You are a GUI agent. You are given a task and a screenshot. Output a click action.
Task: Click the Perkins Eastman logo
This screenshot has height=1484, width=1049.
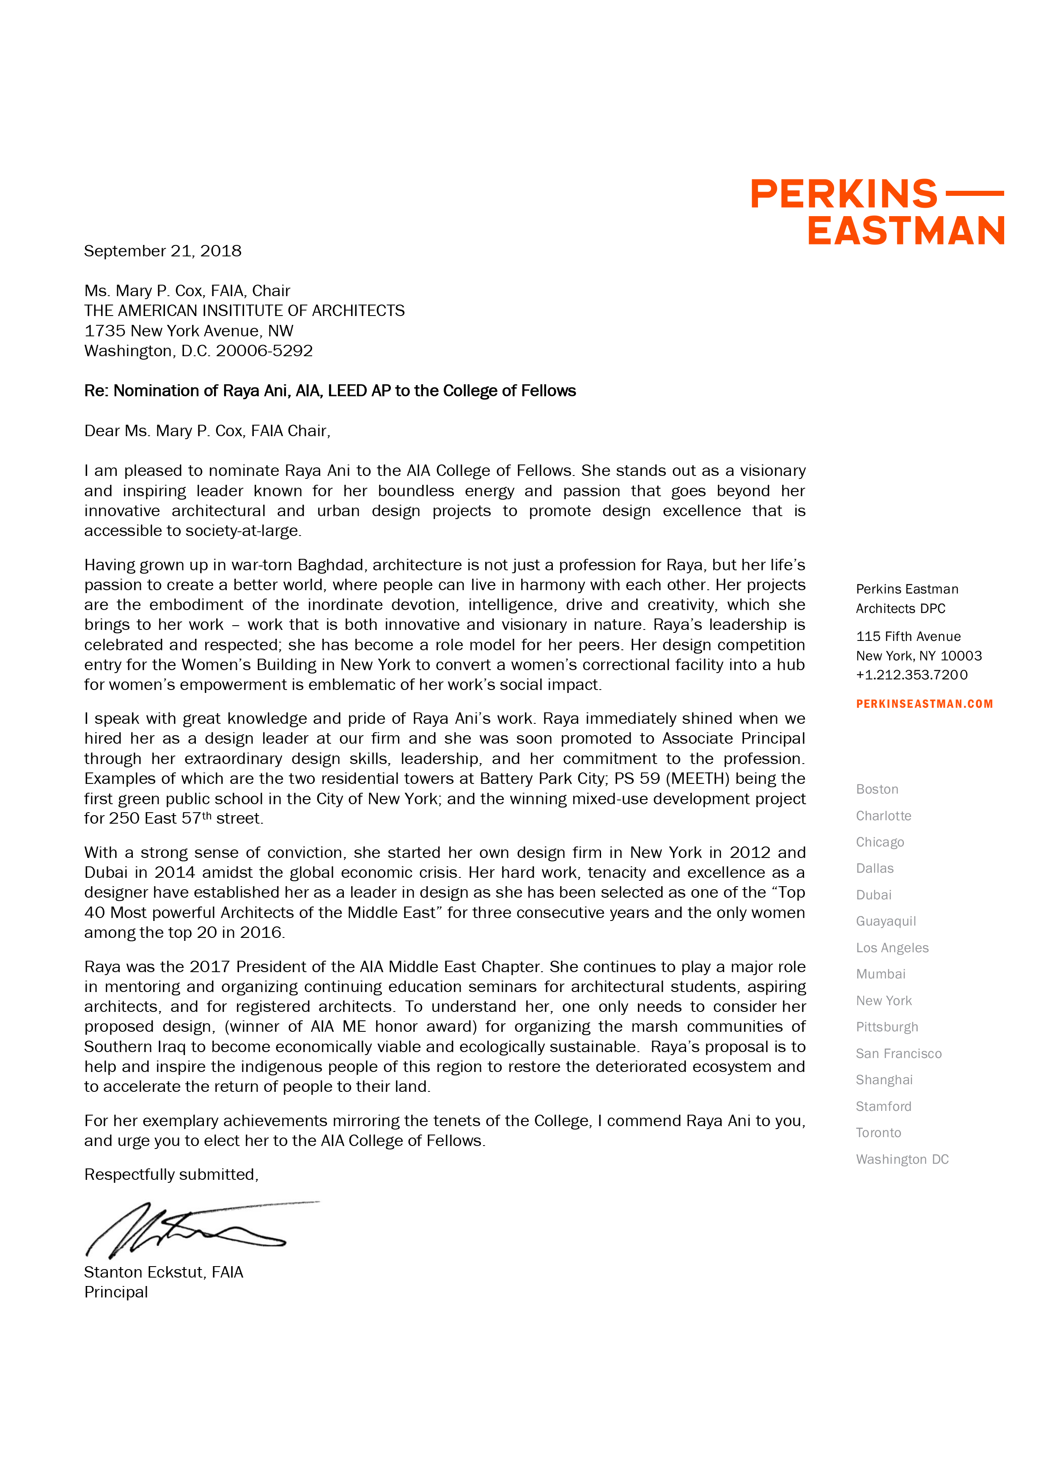pyautogui.click(x=877, y=212)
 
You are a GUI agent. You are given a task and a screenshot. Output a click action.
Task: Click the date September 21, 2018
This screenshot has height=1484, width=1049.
pyautogui.click(x=162, y=251)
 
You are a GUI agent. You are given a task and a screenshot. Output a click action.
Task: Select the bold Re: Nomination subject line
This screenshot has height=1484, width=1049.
pyautogui.click(x=330, y=391)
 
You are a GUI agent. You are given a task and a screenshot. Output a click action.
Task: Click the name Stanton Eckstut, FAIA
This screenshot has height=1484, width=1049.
pyautogui.click(x=164, y=1272)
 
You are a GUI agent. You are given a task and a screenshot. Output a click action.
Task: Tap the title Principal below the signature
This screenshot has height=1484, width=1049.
pyautogui.click(x=116, y=1292)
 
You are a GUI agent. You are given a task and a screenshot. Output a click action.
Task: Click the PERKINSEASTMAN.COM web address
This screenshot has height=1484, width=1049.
pyautogui.click(x=924, y=704)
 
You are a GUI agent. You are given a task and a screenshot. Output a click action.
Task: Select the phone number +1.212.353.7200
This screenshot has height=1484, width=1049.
pyautogui.click(x=912, y=675)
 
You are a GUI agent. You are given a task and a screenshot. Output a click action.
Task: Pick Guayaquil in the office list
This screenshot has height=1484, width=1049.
pyautogui.click(x=885, y=921)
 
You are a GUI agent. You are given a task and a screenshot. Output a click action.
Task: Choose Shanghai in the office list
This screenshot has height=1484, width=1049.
pyautogui.click(x=884, y=1080)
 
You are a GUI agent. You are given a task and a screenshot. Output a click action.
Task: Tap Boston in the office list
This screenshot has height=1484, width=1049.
pyautogui.click(x=876, y=789)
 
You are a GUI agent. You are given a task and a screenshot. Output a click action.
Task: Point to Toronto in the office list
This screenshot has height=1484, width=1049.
pyautogui.click(x=878, y=1132)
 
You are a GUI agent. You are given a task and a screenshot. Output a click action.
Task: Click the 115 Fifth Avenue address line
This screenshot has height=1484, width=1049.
pyautogui.click(x=908, y=637)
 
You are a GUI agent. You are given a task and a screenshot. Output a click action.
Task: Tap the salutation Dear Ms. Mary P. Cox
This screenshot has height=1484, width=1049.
pyautogui.click(x=207, y=431)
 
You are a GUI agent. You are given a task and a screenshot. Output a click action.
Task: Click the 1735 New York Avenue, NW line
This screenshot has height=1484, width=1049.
pyautogui.click(x=188, y=331)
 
